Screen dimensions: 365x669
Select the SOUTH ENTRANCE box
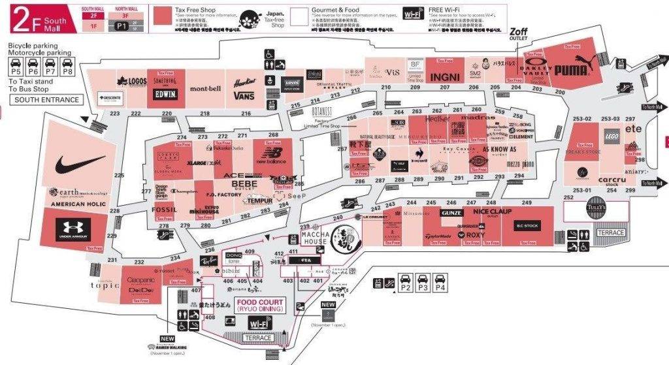point(47,100)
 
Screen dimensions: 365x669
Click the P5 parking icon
point(15,65)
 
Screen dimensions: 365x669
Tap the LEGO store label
point(612,136)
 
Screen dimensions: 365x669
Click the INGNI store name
point(446,77)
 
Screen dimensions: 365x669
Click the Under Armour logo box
point(73,229)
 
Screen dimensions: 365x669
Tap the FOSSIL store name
point(163,210)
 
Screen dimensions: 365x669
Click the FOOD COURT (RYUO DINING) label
point(259,306)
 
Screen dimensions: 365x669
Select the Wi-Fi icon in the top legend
point(412,14)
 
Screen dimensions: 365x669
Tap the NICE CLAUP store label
point(493,212)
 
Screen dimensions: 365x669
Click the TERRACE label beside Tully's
point(611,232)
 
